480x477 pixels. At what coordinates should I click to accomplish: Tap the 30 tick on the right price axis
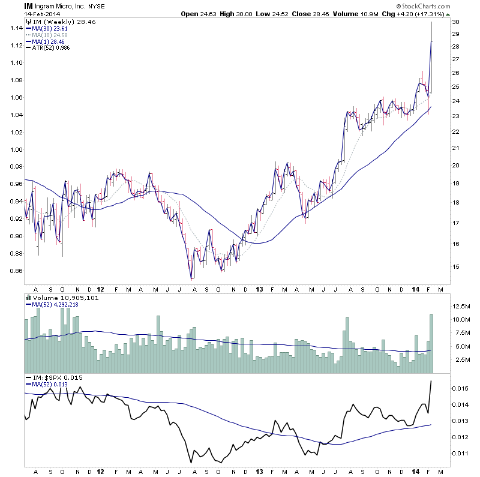point(455,22)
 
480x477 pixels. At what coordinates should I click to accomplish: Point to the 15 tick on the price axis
point(455,266)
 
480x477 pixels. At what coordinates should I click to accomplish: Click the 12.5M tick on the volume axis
point(460,307)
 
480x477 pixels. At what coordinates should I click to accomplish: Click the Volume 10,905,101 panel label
point(60,298)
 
